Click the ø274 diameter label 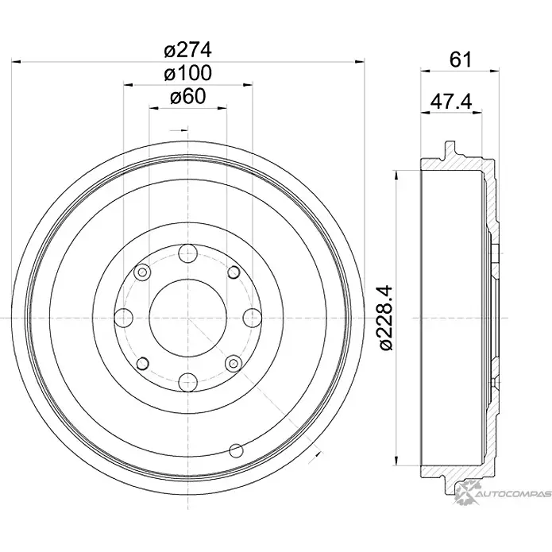click(187, 49)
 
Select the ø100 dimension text click(187, 73)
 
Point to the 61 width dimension click(460, 60)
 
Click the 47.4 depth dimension click(451, 102)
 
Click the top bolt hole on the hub click(187, 254)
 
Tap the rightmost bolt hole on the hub click(252, 318)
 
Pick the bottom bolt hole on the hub click(187, 381)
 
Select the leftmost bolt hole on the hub click(124, 318)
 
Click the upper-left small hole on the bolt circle click(143, 273)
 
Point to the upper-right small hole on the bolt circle click(233, 273)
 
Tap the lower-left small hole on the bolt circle click(143, 363)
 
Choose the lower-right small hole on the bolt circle click(233, 363)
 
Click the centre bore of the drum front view click(187, 318)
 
